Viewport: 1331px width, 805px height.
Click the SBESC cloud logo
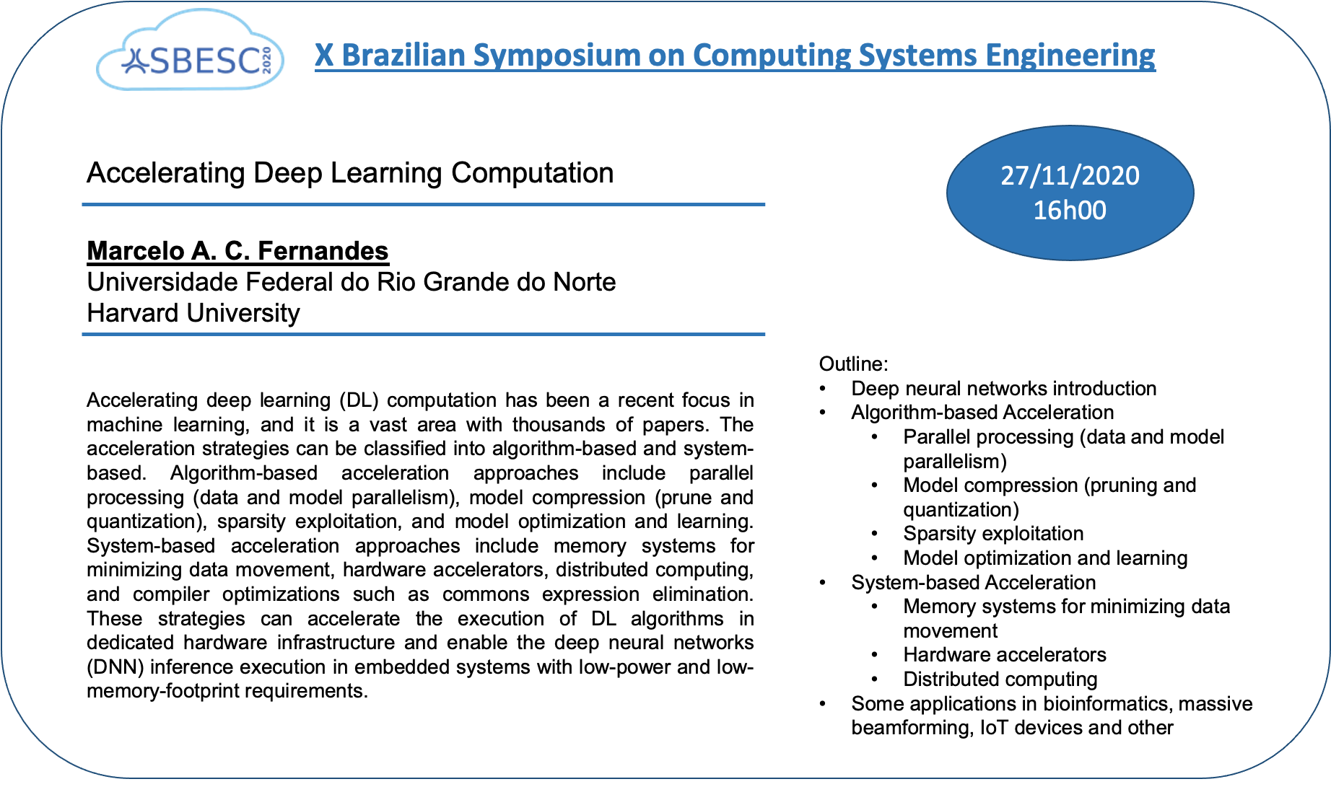click(x=191, y=51)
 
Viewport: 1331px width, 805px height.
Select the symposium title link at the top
click(x=735, y=56)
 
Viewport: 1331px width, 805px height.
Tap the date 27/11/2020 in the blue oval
click(x=1070, y=175)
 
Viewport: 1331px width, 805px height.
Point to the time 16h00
click(x=1070, y=210)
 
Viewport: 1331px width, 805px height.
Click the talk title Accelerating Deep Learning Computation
click(x=350, y=173)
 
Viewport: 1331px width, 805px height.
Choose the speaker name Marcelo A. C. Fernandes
click(x=237, y=251)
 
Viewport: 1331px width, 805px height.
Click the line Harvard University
click(x=193, y=313)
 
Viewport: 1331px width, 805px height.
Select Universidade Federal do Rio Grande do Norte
click(x=351, y=282)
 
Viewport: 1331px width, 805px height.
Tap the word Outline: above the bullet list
click(x=854, y=364)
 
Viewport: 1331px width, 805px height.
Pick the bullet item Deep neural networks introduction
click(x=1004, y=388)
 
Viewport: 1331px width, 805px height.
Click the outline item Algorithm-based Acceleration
click(x=982, y=413)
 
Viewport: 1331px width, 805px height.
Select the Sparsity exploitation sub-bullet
click(x=993, y=534)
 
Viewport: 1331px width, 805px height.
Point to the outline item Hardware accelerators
click(x=1005, y=655)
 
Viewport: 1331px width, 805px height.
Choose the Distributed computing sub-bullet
click(x=1000, y=679)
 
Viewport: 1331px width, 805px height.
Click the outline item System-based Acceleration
click(x=974, y=583)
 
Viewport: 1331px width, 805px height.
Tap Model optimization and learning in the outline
click(x=1045, y=558)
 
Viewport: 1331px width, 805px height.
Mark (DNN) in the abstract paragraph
click(x=115, y=667)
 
